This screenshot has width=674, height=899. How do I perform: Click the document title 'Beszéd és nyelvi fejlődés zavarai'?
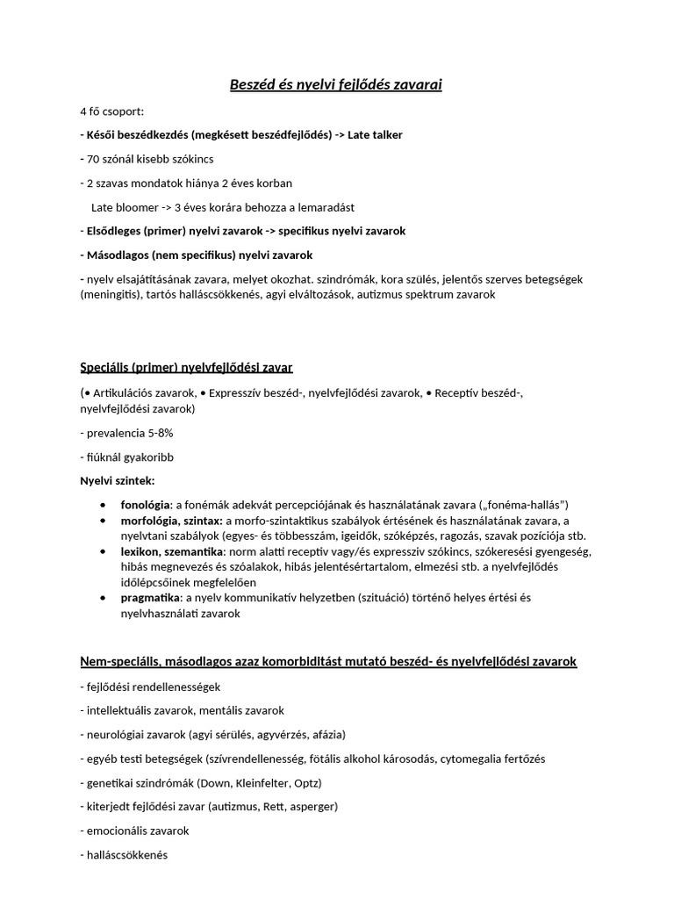[336, 85]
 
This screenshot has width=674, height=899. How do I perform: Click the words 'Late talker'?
[376, 135]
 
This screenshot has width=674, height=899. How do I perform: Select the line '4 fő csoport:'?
[111, 111]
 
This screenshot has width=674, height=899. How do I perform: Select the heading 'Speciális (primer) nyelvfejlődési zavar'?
[192, 366]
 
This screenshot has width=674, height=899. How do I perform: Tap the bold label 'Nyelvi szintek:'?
[117, 480]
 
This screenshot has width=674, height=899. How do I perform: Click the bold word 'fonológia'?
[146, 505]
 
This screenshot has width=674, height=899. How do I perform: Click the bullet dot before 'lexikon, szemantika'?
[104, 551]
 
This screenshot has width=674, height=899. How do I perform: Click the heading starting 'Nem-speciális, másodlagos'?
[327, 661]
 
